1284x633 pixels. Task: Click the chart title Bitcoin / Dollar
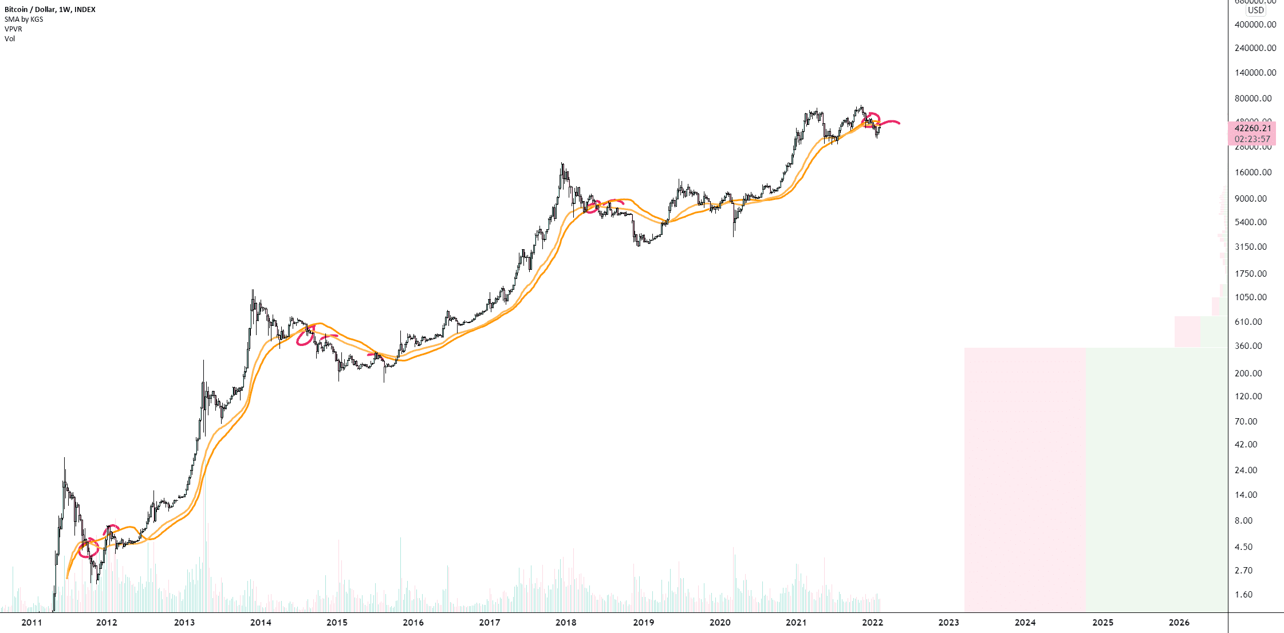50,9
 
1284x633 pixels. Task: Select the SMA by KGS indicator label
24,19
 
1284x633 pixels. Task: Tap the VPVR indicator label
13,29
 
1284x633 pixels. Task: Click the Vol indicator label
10,38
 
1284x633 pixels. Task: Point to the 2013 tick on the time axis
184,622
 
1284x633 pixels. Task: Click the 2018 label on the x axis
566,622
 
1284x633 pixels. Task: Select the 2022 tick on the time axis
872,622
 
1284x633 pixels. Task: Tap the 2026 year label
1179,622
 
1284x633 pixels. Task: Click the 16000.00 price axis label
1253,172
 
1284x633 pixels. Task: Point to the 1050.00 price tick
1251,297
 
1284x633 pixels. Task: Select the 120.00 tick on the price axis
1248,396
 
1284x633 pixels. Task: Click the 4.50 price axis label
1243,546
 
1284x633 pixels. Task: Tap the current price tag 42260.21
1253,128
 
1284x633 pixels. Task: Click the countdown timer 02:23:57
1253,139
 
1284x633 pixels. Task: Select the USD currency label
1256,10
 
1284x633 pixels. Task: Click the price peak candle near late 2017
562,165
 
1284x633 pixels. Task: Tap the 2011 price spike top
64,459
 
